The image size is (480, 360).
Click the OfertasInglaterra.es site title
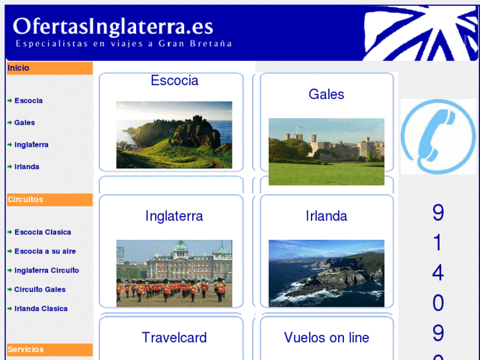[113, 26]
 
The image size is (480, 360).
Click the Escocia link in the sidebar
[28, 101]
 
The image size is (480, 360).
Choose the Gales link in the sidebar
[24, 123]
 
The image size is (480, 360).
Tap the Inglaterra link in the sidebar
[31, 145]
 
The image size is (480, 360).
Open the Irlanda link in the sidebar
[26, 166]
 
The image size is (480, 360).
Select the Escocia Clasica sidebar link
[42, 233]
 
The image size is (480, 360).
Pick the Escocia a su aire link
[45, 252]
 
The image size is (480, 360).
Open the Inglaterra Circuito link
[46, 271]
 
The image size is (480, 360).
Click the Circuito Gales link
[40, 290]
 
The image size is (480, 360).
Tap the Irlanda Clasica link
[41, 309]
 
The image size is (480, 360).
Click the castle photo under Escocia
[174, 135]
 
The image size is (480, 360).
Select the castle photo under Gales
[326, 151]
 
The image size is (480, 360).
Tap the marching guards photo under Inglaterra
[174, 273]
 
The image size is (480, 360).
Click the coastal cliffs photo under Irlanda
[326, 273]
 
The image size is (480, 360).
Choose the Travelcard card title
[174, 338]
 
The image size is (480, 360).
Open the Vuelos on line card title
[326, 338]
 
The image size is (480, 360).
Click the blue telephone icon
[438, 137]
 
